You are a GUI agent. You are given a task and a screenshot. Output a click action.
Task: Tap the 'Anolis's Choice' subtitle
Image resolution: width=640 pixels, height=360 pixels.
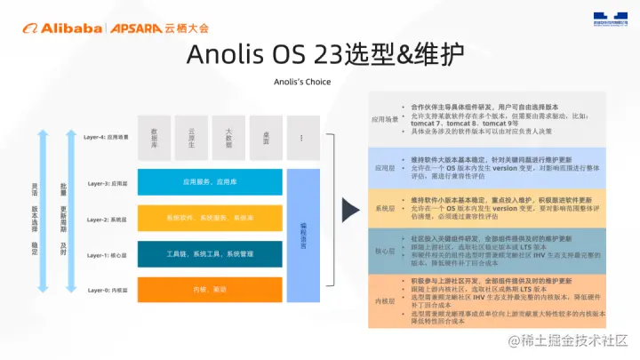tap(302, 82)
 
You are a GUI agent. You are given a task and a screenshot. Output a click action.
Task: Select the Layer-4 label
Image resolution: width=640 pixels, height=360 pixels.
tap(106, 138)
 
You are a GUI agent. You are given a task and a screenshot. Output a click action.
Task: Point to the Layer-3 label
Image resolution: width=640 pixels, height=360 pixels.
tap(106, 183)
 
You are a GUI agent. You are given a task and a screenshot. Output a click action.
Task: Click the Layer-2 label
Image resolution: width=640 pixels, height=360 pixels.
tap(106, 219)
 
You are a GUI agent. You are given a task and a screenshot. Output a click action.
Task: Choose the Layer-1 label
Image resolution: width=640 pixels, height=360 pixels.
tap(106, 254)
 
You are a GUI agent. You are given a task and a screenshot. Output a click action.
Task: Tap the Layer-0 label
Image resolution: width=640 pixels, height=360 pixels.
tap(106, 291)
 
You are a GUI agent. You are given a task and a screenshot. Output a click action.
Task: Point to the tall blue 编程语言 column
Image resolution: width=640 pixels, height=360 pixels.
tap(303, 236)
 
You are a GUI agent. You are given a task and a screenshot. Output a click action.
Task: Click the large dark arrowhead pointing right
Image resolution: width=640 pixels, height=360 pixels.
tap(351, 212)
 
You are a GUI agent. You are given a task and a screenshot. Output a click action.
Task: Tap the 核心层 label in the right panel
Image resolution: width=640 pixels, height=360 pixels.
tap(385, 252)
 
